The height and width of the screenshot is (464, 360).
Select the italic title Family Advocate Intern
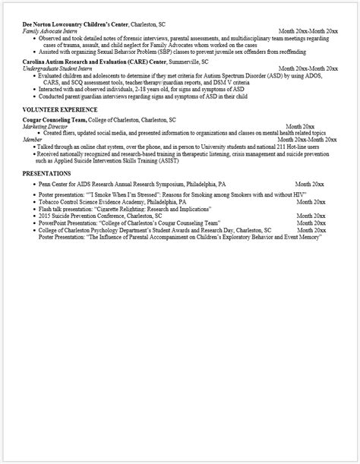[x=52, y=31]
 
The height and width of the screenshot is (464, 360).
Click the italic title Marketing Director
[x=46, y=127]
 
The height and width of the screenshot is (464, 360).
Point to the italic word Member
[x=32, y=140]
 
